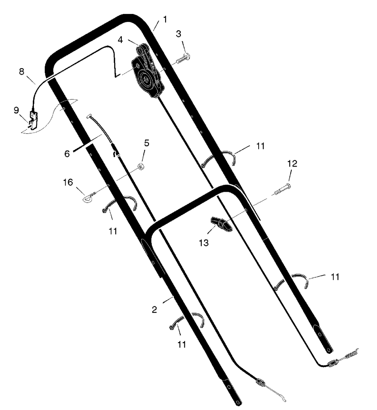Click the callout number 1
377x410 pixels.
pos(165,19)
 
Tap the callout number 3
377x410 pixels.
pos(179,34)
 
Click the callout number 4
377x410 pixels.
pos(120,40)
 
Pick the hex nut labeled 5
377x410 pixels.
pos(141,166)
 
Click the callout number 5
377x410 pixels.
pos(147,143)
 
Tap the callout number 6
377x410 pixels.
pos(67,154)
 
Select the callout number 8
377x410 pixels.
pos(22,72)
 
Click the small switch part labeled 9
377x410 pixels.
pos(34,120)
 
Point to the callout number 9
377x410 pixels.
pos(16,110)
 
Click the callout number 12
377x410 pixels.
pos(292,164)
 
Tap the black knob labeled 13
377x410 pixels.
pos(221,224)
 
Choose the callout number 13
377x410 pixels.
pos(204,243)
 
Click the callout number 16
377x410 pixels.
pos(68,182)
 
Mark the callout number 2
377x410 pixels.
pos(154,310)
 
